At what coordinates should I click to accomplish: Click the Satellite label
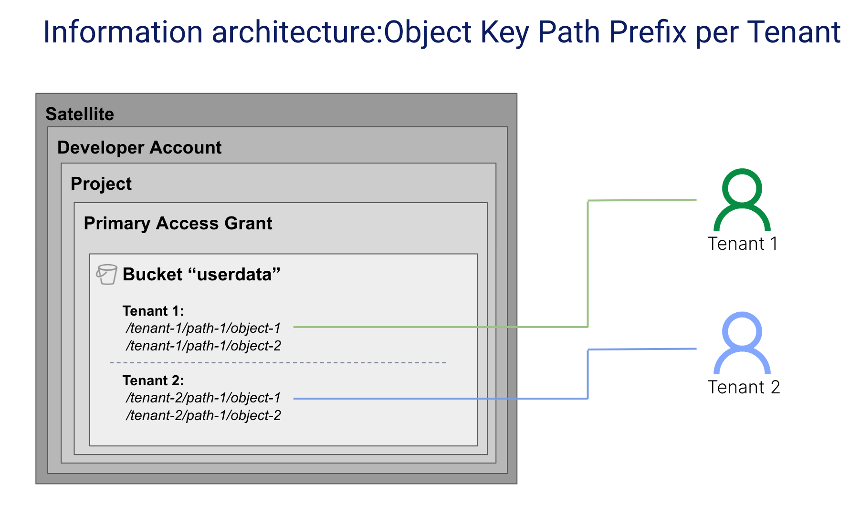(80, 114)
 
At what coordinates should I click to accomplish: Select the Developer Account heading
(139, 148)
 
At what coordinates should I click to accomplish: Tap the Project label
(101, 184)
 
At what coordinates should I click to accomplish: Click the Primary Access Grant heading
(178, 224)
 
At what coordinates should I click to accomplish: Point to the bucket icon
(106, 274)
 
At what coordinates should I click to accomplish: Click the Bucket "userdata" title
(201, 275)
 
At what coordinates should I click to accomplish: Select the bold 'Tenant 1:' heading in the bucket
(153, 311)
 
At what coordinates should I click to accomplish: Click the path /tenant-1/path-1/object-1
(203, 329)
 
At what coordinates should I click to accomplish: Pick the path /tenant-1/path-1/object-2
(203, 346)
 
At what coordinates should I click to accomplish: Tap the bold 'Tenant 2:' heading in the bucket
(153, 380)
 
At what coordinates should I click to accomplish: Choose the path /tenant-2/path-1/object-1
(203, 398)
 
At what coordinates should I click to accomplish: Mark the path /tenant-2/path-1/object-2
(203, 416)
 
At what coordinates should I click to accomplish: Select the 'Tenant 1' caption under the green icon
(743, 244)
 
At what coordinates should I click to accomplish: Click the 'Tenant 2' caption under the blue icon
(744, 387)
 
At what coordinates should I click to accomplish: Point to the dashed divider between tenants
(278, 363)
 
